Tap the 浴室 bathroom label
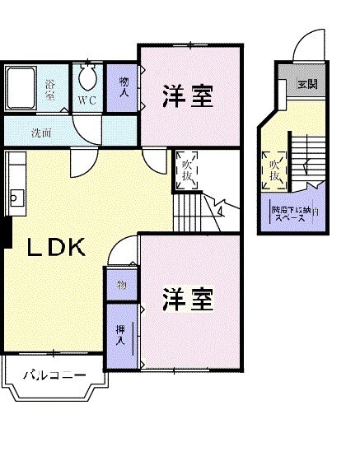click(51, 89)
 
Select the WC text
click(87, 100)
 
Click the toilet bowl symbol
click(87, 79)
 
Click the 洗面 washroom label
click(40, 132)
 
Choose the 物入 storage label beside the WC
click(124, 88)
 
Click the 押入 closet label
click(120, 333)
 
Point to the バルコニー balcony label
click(53, 377)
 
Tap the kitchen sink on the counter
click(14, 198)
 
